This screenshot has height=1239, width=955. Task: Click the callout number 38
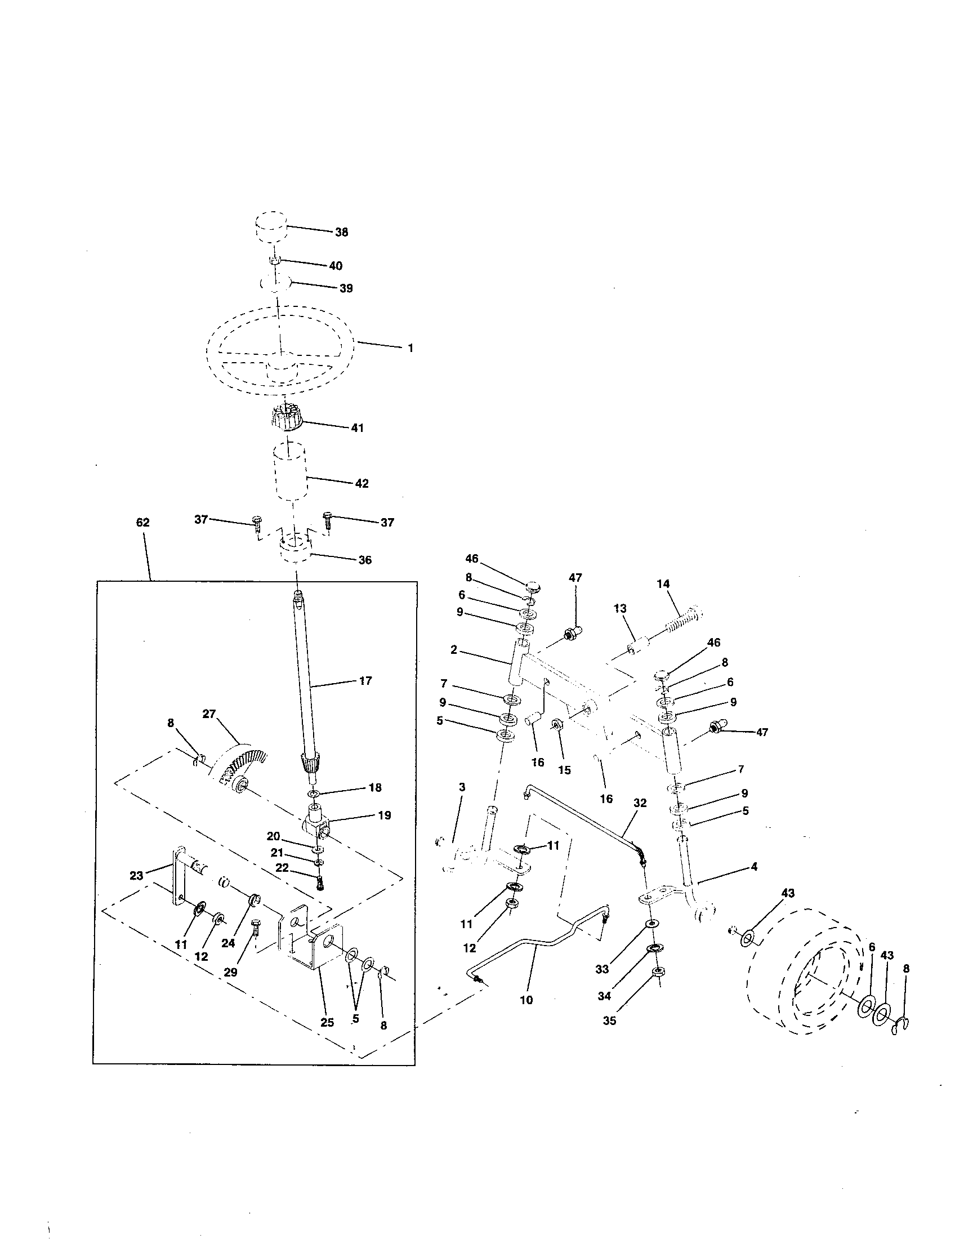pos(341,232)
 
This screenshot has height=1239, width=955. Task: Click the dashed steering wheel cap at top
pos(269,228)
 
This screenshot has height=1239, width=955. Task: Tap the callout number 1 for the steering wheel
pos(410,347)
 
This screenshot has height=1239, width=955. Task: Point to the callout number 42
pos(362,483)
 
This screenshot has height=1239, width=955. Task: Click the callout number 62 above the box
pos(142,522)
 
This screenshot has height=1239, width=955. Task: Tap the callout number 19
pos(384,815)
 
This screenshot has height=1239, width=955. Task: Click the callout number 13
pos(620,608)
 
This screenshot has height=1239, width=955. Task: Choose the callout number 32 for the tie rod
pos(640,803)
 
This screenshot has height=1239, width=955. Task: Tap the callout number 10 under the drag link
pos(526,1000)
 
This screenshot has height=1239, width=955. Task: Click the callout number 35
pos(609,1020)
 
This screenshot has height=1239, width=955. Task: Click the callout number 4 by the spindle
pos(753,867)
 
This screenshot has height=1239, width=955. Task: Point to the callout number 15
pos(564,770)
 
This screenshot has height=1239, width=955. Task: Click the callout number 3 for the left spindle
pos(462,787)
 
